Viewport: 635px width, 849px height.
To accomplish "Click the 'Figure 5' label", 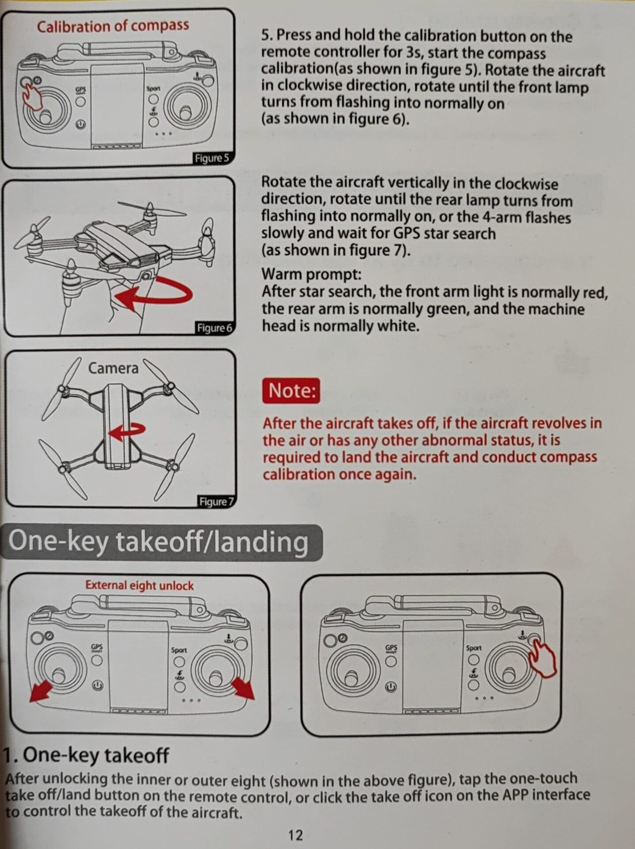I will click(x=212, y=158).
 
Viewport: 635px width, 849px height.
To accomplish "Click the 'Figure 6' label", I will click(x=214, y=328).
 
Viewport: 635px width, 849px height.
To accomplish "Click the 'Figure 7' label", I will click(x=216, y=502).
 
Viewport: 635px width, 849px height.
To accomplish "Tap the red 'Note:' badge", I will click(x=291, y=391).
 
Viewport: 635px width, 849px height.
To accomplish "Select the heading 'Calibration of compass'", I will click(x=113, y=26).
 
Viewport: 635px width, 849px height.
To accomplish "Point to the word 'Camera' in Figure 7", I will click(x=113, y=368).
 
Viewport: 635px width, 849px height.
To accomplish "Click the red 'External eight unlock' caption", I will click(x=139, y=585).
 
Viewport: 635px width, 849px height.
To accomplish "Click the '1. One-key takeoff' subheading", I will click(x=87, y=755).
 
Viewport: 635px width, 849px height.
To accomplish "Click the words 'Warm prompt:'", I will click(x=312, y=274).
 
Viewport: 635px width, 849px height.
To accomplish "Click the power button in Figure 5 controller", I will click(x=80, y=125).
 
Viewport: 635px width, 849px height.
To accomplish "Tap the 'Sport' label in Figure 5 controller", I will click(x=153, y=88).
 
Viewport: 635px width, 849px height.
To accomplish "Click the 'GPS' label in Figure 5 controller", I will click(x=80, y=89).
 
